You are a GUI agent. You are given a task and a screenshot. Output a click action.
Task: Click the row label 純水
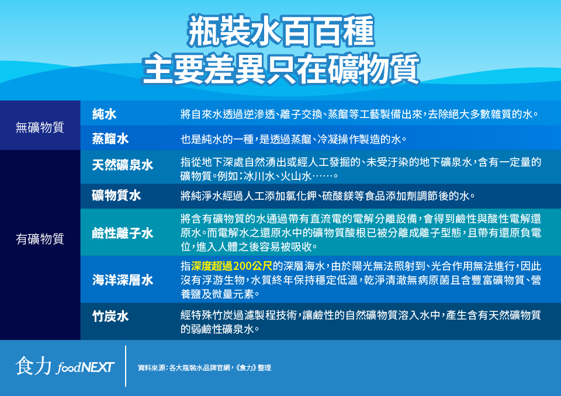coord(104,114)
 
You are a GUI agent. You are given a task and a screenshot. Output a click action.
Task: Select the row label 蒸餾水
coord(110,139)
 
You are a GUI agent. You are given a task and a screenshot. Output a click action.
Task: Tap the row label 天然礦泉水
coord(123,165)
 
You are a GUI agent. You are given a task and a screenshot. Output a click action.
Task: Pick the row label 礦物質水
coord(116,195)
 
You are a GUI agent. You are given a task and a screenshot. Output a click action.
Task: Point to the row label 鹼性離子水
coord(123,233)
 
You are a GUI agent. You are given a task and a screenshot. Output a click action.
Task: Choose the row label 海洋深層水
coord(123,280)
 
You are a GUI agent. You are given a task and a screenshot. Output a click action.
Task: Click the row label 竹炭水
coord(110,316)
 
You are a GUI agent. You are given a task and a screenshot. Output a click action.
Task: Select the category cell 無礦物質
coord(40,127)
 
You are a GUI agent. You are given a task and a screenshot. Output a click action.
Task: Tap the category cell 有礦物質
coord(40,239)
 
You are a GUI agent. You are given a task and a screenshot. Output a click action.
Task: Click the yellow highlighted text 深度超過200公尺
coord(232,266)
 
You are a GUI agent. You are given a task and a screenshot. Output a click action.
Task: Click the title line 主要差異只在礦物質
coord(281,69)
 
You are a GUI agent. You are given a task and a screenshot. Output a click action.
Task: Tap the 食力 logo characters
coord(33,366)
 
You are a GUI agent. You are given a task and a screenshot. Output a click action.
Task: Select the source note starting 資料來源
coord(205,368)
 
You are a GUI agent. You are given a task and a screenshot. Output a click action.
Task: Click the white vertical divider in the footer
coord(126,366)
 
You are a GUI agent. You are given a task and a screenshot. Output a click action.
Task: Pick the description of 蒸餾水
coord(293,139)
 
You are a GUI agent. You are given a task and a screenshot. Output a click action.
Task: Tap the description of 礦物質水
coord(327,196)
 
